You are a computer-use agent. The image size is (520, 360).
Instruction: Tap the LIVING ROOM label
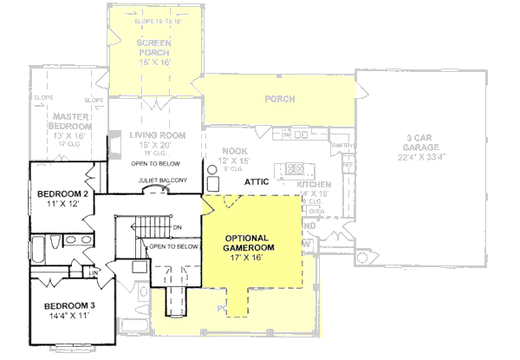[x=158, y=135]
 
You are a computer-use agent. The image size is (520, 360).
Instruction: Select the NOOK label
[x=235, y=150]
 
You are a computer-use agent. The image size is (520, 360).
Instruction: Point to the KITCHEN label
[x=314, y=186]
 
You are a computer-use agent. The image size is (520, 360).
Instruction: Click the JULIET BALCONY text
[x=161, y=181]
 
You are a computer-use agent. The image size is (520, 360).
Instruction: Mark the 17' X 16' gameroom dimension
[x=246, y=258]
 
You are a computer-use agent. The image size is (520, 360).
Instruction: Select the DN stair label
[x=177, y=228]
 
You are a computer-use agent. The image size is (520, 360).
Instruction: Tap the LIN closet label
[x=92, y=273]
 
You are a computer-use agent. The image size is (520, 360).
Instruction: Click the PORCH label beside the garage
[x=279, y=99]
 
